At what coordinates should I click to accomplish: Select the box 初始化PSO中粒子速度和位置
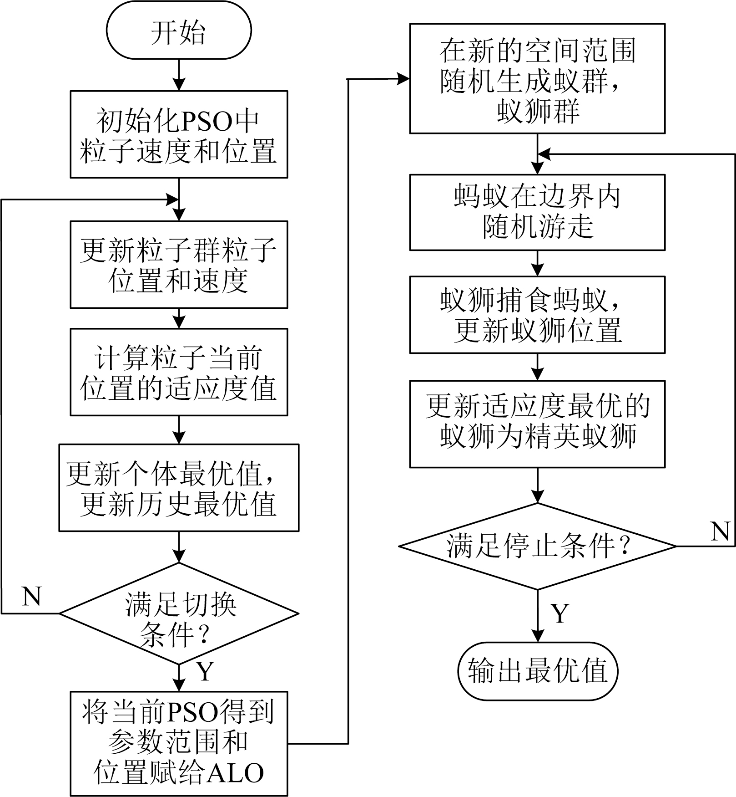point(179,134)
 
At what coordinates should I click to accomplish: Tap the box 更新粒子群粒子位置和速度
point(179,265)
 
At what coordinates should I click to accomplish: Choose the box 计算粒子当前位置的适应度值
point(179,372)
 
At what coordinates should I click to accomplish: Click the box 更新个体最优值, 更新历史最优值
point(179,488)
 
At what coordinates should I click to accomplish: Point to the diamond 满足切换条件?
point(179,613)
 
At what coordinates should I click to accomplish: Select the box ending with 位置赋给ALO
point(179,744)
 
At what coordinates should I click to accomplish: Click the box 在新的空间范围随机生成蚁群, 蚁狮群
point(537,79)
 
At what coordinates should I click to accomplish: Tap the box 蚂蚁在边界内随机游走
point(537,212)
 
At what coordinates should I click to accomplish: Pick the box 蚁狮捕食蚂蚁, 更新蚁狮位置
point(537,315)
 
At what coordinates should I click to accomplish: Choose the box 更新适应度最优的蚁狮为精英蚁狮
point(537,424)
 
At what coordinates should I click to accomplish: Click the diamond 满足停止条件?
point(537,546)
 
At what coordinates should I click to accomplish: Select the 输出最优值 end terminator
point(537,671)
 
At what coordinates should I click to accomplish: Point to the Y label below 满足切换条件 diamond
point(205,670)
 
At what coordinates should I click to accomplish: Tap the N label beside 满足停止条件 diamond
point(720,531)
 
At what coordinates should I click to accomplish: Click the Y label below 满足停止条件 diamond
point(560,613)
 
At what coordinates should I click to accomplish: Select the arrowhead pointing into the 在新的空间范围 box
point(403,79)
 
